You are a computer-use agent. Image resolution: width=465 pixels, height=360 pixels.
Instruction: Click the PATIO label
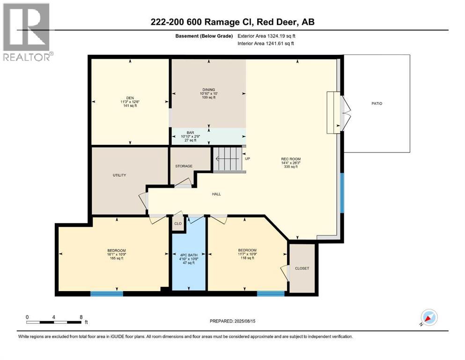[377, 104]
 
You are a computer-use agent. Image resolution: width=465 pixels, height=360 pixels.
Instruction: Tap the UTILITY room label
[119, 175]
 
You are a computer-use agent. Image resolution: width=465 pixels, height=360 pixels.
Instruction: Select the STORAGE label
[184, 166]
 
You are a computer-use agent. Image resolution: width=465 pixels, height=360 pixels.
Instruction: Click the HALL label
[216, 194]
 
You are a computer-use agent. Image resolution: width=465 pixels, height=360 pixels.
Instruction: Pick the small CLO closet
[178, 224]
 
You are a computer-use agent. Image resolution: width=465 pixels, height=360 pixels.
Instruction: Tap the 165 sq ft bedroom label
[116, 254]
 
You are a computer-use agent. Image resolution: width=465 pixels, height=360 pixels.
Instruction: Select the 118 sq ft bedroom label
[247, 254]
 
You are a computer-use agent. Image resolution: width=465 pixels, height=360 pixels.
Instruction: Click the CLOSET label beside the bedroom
[302, 268]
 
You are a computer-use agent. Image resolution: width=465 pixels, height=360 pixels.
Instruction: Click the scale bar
[55, 322]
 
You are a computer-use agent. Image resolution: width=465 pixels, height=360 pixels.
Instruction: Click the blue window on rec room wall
[342, 192]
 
